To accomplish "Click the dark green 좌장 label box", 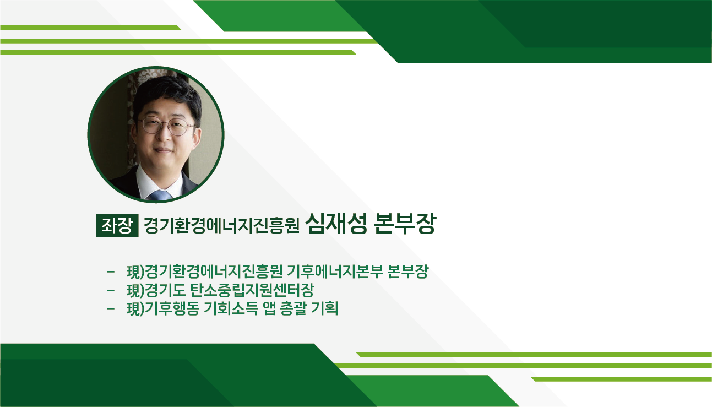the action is [117, 226].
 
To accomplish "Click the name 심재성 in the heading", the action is [336, 224].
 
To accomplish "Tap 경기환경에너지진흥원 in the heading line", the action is [221, 225].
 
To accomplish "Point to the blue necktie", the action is [161, 195].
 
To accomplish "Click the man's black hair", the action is [167, 95].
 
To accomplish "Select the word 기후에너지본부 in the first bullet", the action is [334, 271].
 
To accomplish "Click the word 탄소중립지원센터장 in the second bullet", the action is [252, 290].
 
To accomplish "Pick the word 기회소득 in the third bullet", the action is [230, 308].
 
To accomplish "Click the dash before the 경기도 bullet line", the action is [111, 290].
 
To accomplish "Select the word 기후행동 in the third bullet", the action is [172, 308].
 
